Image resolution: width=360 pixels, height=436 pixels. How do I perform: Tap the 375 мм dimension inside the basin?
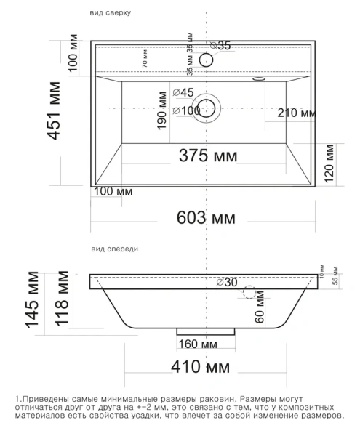coord(209,155)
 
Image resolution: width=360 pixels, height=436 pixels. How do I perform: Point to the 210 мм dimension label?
coord(297,113)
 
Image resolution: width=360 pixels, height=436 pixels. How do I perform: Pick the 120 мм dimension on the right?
coord(331,163)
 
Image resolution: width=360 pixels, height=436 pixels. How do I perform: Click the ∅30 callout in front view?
coord(227,282)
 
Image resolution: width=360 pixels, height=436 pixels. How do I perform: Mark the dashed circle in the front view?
coord(250,293)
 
